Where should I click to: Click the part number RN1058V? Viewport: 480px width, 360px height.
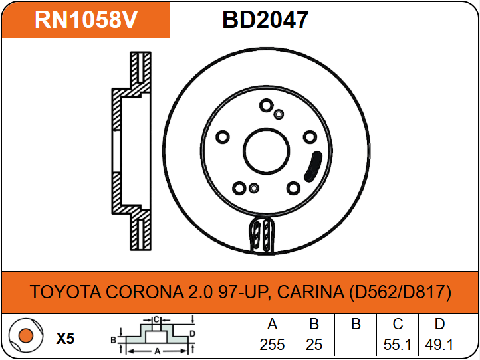(86, 20)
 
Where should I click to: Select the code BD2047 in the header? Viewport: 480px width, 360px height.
(265, 20)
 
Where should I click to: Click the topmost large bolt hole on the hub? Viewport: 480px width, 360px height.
(266, 106)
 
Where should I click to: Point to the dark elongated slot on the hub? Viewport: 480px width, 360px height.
(312, 166)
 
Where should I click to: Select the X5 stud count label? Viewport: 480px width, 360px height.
(65, 339)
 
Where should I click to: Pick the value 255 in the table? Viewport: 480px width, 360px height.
(272, 345)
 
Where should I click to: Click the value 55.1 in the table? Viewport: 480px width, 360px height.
(398, 345)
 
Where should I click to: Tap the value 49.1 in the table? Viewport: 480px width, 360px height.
(439, 345)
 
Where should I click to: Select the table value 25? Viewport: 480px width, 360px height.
(314, 345)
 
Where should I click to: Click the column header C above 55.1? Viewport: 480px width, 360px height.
(398, 325)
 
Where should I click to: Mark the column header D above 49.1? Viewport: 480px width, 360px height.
(439, 325)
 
